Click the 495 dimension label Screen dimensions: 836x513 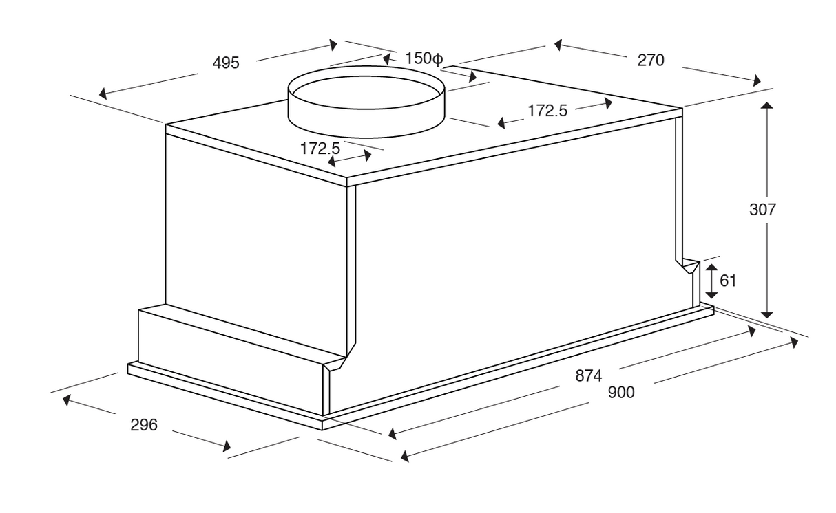[226, 63]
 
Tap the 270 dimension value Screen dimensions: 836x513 [651, 61]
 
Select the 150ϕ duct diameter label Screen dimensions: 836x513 [424, 58]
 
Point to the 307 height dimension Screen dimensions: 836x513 [762, 210]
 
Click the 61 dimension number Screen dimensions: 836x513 [728, 281]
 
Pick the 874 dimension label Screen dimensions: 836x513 [589, 375]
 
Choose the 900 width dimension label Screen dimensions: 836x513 [621, 393]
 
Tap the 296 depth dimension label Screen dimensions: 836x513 [144, 425]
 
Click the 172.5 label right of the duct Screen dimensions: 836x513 [547, 111]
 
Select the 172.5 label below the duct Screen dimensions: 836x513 [320, 149]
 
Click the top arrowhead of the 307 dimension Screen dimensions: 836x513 [767, 105]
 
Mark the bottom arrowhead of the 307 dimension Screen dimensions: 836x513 [767, 315]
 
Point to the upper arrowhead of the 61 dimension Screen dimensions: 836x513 [712, 268]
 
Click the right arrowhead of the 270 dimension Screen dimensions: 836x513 [757, 80]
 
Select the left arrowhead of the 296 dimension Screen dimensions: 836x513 [66, 400]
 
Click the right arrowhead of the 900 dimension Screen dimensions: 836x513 [794, 342]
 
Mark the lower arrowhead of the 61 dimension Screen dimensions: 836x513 [712, 295]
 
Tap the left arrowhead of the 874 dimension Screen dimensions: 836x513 [392, 434]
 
